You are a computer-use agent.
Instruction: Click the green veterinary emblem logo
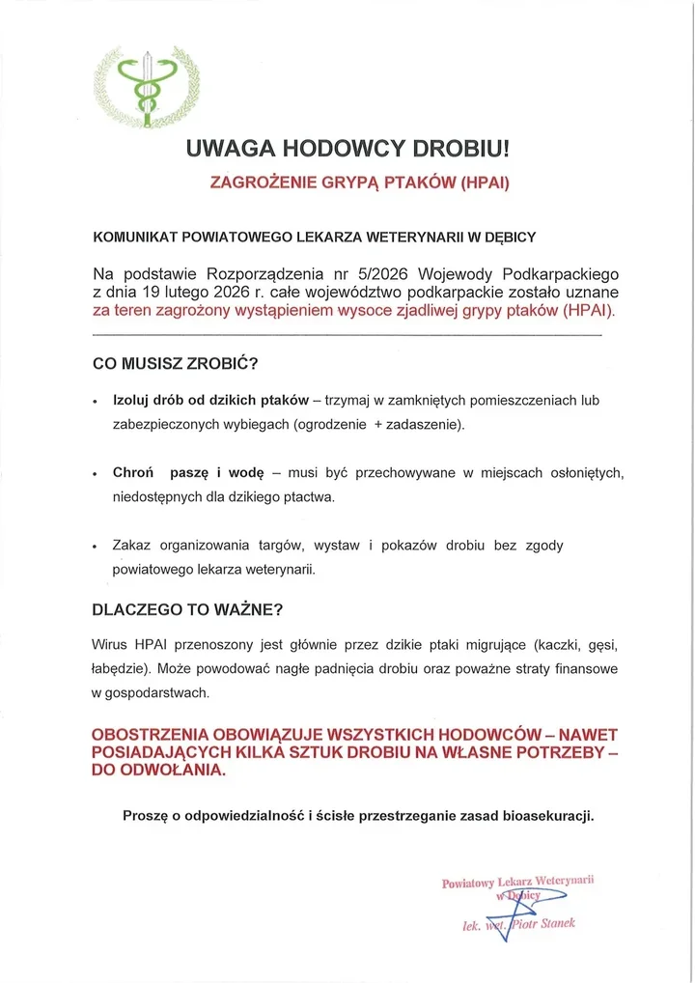click(x=147, y=86)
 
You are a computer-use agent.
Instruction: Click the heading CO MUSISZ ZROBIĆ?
click(x=175, y=365)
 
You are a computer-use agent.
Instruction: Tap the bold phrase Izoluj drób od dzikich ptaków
click(x=210, y=400)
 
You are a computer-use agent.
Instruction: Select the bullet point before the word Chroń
click(x=94, y=474)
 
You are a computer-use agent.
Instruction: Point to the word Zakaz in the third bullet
click(x=132, y=546)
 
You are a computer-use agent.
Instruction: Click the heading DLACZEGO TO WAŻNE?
click(x=187, y=610)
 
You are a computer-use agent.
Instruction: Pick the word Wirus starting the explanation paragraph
click(x=111, y=644)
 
